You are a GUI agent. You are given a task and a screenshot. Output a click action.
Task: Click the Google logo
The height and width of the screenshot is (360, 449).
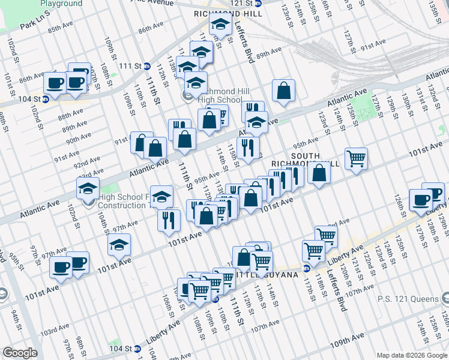pyautogui.click(x=20, y=352)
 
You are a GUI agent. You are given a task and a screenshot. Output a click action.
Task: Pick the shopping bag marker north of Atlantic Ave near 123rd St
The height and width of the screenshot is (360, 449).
pyautogui.click(x=284, y=91)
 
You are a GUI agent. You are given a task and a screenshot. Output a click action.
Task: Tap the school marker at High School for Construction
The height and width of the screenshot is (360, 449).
pyautogui.click(x=88, y=190)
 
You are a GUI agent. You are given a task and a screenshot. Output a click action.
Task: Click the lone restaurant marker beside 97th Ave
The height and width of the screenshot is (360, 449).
pyautogui.click(x=169, y=220)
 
